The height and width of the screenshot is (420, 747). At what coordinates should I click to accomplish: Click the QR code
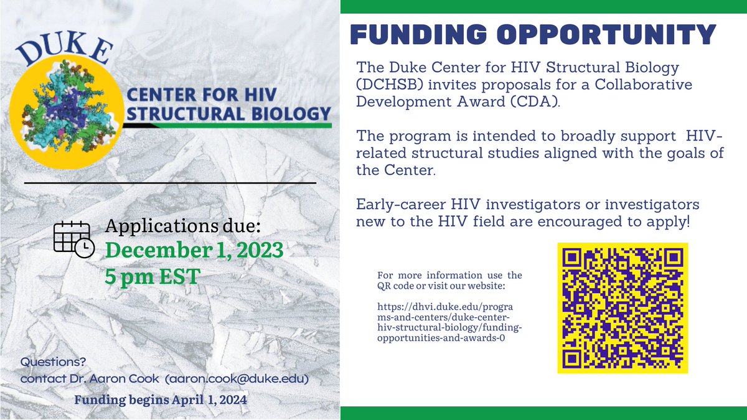pos(622,308)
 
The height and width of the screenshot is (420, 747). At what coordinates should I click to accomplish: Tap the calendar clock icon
pos(73,238)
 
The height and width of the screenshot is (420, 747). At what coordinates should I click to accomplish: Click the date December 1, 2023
pos(194,251)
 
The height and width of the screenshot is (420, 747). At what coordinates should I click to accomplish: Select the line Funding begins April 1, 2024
pos(161,399)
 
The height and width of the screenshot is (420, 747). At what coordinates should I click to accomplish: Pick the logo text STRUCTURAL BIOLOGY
pos(226,114)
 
